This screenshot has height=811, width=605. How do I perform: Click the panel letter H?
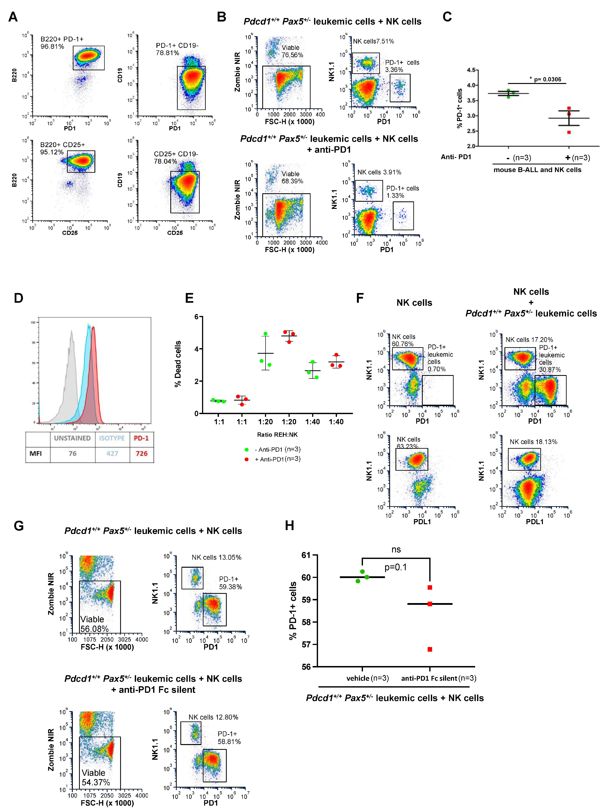289,526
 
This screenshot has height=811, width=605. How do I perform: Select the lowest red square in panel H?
430,649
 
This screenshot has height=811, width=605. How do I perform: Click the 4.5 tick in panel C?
471,70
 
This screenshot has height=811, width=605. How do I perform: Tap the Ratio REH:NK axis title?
277,435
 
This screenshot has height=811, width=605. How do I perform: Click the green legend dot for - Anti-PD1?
246,450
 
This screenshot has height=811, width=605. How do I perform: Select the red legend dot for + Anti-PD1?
246,459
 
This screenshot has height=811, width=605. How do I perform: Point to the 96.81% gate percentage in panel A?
52,47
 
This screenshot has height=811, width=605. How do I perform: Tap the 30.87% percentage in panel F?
550,369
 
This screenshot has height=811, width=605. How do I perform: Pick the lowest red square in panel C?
569,132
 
